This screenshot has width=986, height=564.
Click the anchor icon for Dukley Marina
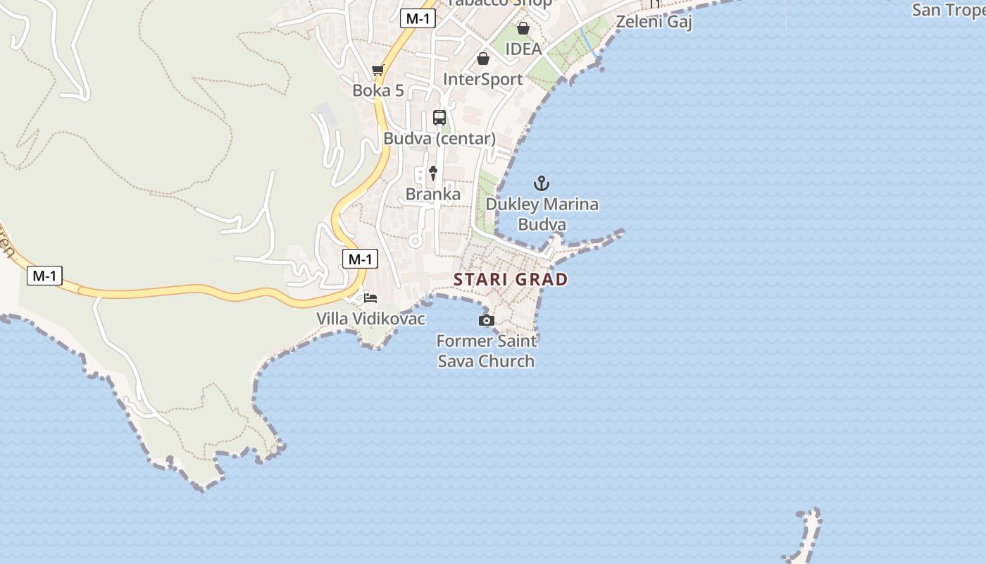pyautogui.click(x=541, y=184)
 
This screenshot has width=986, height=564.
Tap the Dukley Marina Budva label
pyautogui.click(x=542, y=214)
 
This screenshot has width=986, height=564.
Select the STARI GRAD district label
pyautogui.click(x=511, y=279)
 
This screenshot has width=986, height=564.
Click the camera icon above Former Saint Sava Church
pyautogui.click(x=486, y=321)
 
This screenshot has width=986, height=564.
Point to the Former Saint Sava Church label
pyautogui.click(x=486, y=351)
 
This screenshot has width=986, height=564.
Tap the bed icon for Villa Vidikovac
pyautogui.click(x=370, y=298)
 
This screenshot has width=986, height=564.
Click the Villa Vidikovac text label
pyautogui.click(x=370, y=319)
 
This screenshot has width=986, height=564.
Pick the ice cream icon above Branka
pyautogui.click(x=433, y=173)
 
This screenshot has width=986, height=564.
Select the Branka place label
pyautogui.click(x=433, y=194)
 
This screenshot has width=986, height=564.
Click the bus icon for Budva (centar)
pyautogui.click(x=439, y=118)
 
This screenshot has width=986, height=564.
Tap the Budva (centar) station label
pyautogui.click(x=439, y=138)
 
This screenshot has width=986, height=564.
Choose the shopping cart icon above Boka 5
pyautogui.click(x=378, y=70)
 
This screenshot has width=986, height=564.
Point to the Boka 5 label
pyautogui.click(x=378, y=90)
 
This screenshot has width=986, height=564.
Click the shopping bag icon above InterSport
pyautogui.click(x=483, y=59)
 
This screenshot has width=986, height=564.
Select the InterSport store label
pyautogui.click(x=483, y=79)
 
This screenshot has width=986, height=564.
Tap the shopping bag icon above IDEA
pyautogui.click(x=523, y=28)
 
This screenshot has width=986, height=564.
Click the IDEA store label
pyautogui.click(x=523, y=49)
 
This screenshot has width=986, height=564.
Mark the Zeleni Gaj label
pyautogui.click(x=654, y=22)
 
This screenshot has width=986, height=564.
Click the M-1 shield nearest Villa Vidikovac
pyautogui.click(x=360, y=259)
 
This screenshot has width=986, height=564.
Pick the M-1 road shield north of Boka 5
pyautogui.click(x=418, y=18)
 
